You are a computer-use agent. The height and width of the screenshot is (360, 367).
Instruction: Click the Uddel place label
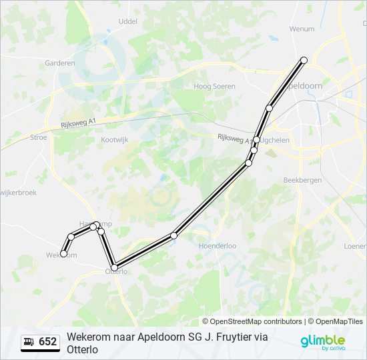(x=127, y=21)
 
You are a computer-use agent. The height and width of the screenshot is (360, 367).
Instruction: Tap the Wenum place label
(x=302, y=29)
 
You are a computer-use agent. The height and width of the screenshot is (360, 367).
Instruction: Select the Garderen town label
(x=60, y=63)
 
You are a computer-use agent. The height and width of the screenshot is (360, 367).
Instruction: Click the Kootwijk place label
(x=113, y=140)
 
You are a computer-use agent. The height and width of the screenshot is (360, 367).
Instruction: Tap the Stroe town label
(x=39, y=137)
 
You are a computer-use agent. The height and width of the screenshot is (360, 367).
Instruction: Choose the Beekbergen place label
(x=302, y=180)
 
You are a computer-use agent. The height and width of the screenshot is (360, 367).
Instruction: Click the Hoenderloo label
(x=218, y=245)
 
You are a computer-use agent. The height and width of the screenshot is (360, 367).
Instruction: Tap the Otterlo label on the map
(x=117, y=272)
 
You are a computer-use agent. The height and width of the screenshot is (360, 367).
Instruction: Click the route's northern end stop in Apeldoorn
(x=304, y=60)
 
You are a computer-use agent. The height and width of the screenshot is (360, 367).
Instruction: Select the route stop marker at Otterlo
(x=114, y=267)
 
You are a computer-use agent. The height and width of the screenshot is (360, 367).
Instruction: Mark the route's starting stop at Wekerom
(x=64, y=253)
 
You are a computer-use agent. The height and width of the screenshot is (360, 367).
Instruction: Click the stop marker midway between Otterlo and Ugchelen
(x=174, y=235)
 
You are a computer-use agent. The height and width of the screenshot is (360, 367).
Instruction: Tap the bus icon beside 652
(x=29, y=342)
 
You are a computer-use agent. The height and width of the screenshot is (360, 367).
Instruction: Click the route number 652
(x=48, y=342)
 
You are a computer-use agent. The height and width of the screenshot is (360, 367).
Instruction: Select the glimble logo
(x=323, y=341)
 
